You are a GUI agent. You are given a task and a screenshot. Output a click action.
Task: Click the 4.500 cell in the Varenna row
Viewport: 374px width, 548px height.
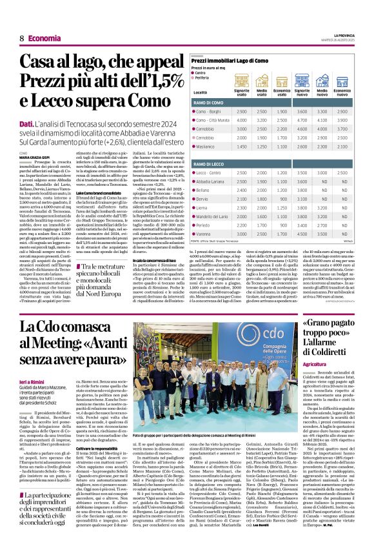[x=301, y=234]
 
